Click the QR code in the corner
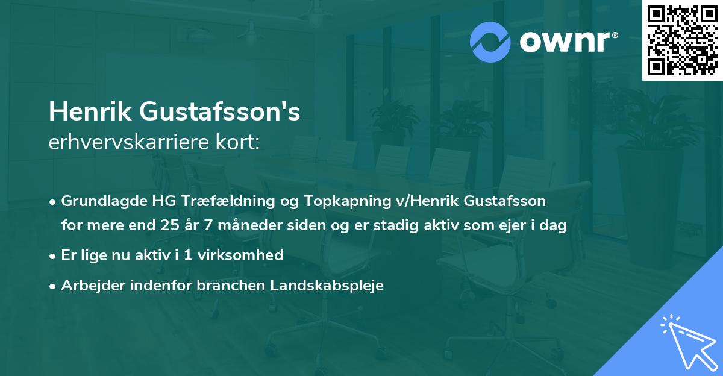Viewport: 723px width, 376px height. click(682, 40)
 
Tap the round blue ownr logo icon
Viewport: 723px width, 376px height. click(491, 42)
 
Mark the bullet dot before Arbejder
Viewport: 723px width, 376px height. click(54, 286)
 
